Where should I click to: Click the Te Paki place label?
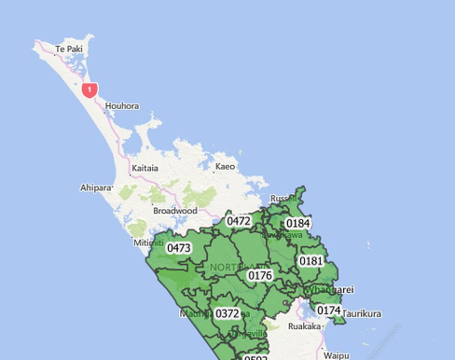point(69,48)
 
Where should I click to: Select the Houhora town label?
point(121,106)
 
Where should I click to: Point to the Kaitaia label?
point(145,168)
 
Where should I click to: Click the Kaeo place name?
point(225,167)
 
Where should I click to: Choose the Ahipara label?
point(95,187)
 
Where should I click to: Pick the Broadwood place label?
point(175,211)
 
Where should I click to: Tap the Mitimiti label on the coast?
point(149,242)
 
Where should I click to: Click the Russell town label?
point(283,199)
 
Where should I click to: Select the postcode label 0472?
point(239,221)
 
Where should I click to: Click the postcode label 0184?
point(298,224)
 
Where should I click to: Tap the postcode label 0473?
point(179,248)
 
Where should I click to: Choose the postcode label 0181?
point(311,261)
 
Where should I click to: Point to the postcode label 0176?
point(260,275)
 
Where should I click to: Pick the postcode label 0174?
point(328,311)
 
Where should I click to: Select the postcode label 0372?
point(227,314)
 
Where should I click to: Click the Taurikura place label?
point(362,314)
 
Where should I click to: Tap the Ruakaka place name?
point(304,327)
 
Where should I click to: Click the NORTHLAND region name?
point(237,268)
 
